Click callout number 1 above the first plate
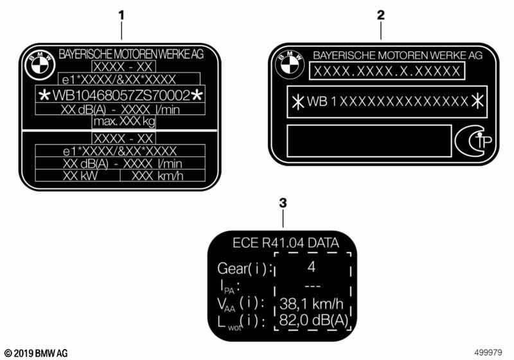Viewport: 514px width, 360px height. pyautogui.click(x=121, y=15)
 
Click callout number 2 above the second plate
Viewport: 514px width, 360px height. pyautogui.click(x=380, y=15)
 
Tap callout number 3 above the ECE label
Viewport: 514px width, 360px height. pyautogui.click(x=283, y=203)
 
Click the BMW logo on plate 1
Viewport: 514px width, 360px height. pyautogui.click(x=40, y=66)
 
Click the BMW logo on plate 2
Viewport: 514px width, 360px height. pyautogui.click(x=290, y=64)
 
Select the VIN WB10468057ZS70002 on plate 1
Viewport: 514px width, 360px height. pyautogui.click(x=121, y=95)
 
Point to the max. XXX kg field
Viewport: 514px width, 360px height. pyautogui.click(x=124, y=122)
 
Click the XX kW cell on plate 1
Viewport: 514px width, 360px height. pyautogui.click(x=80, y=175)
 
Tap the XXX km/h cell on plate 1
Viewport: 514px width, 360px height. pyautogui.click(x=157, y=176)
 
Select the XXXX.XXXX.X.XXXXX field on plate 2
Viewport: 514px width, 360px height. pyautogui.click(x=387, y=71)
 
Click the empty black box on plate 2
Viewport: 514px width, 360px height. pyautogui.click(x=369, y=141)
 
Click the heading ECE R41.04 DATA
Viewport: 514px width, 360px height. pyautogui.click(x=286, y=243)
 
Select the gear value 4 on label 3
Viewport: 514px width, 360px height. pyautogui.click(x=312, y=267)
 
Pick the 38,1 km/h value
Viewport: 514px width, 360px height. pyautogui.click(x=312, y=304)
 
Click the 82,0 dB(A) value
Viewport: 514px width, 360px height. pyautogui.click(x=314, y=320)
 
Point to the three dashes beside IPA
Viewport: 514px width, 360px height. pyautogui.click(x=312, y=286)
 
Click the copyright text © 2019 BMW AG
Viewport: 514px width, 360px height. pyautogui.click(x=36, y=353)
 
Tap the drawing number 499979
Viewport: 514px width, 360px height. pyautogui.click(x=488, y=352)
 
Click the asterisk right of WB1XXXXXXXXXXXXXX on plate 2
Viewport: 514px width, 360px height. pyautogui.click(x=477, y=101)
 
